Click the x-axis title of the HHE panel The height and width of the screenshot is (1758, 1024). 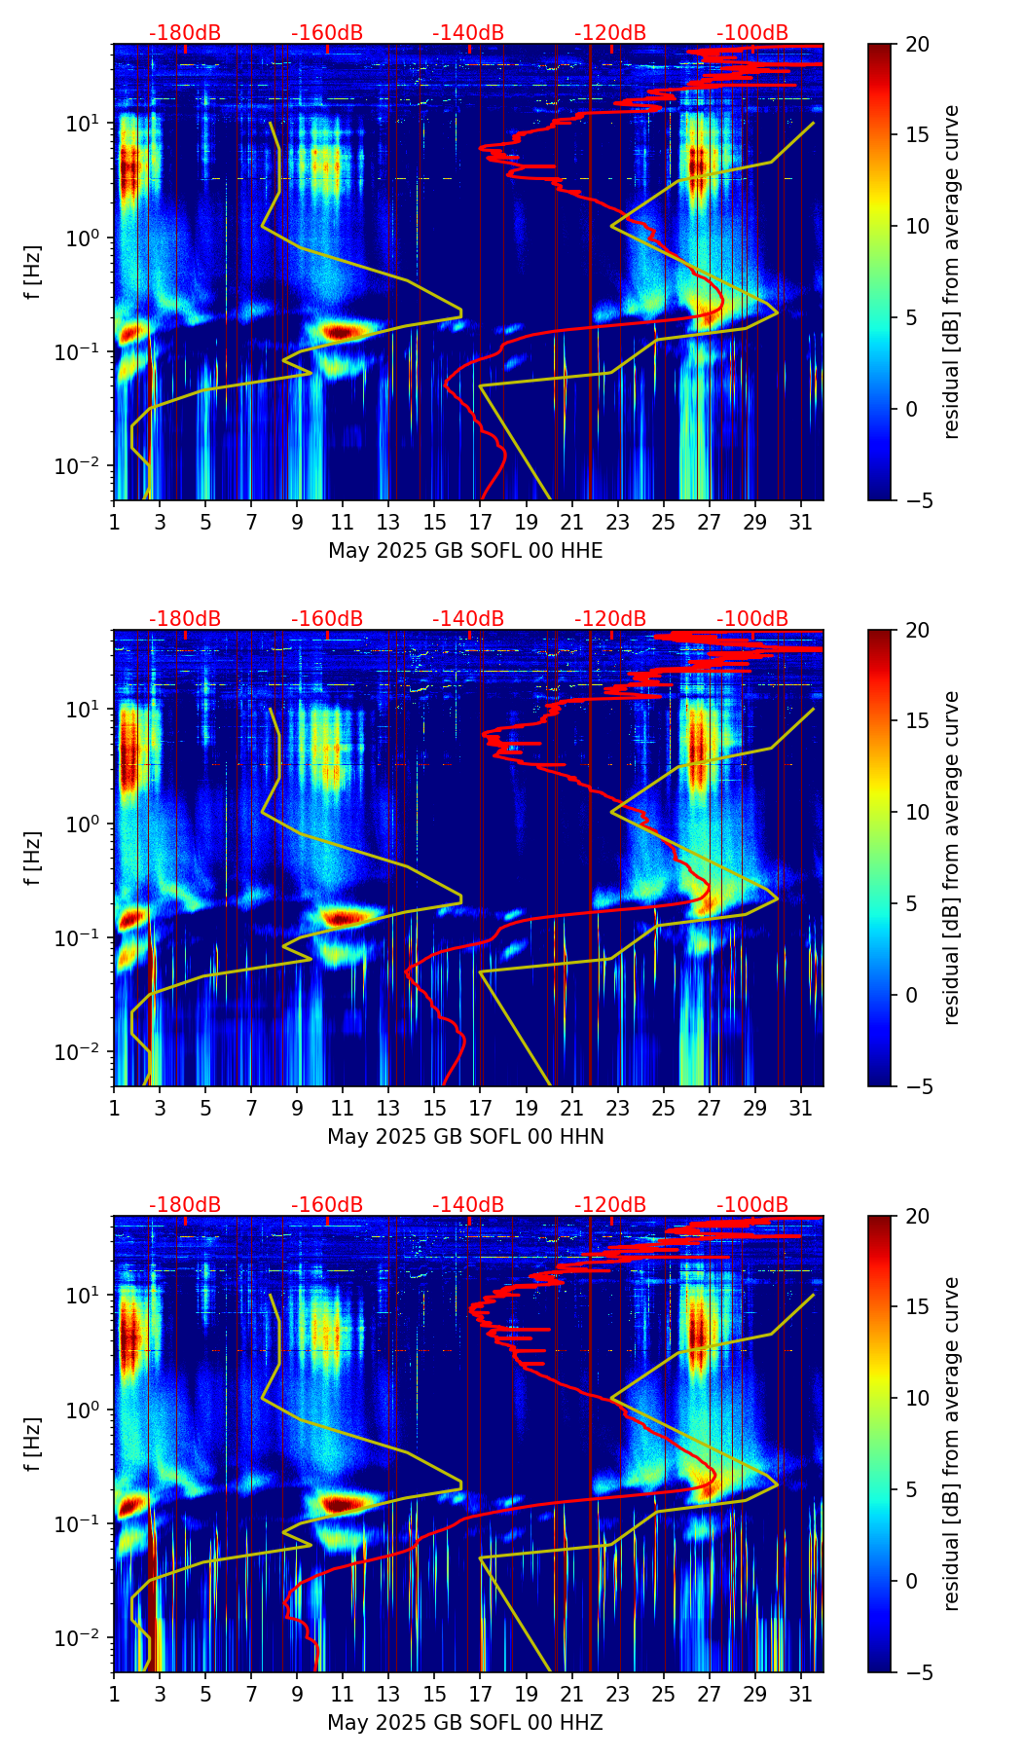pos(465,551)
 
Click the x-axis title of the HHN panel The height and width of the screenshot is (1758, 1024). pos(465,1137)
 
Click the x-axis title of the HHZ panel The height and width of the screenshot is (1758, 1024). pos(465,1723)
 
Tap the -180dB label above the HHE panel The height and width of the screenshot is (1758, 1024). pos(185,33)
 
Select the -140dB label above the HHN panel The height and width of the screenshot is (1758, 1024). pos(468,619)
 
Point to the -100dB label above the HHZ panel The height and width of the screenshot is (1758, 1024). pos(752,1205)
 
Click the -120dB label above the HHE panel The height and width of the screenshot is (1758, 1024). pos(610,33)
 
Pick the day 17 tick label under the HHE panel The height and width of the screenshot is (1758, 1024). pos(481,522)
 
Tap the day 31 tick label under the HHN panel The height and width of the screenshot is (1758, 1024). pos(801,1108)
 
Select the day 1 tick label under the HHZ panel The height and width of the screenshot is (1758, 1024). pos(114,1694)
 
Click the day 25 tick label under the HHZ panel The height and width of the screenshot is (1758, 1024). pos(664,1694)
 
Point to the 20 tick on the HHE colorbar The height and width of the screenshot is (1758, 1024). pos(917,44)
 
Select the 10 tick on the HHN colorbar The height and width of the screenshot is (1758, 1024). pos(917,812)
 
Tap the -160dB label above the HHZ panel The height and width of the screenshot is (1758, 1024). pos(327,1205)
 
